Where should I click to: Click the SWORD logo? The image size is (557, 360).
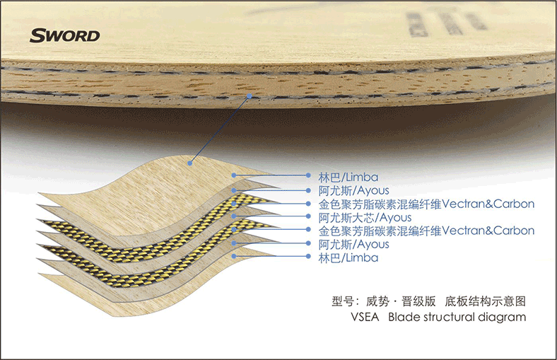click(64, 35)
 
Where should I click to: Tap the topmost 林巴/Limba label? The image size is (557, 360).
click(348, 177)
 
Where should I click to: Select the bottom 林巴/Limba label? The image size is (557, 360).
click(348, 257)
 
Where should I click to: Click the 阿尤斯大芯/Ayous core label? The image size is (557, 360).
click(365, 217)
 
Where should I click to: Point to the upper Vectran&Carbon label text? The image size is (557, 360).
click(426, 204)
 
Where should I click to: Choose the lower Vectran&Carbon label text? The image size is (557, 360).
click(426, 231)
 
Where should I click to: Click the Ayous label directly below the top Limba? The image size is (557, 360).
click(353, 190)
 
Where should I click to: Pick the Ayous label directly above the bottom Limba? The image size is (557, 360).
click(353, 244)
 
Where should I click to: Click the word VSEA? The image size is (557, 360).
click(365, 317)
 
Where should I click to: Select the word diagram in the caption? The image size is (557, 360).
click(502, 318)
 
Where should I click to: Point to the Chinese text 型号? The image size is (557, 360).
click(343, 301)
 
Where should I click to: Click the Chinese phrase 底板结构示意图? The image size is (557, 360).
click(485, 301)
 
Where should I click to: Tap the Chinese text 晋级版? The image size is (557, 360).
click(418, 301)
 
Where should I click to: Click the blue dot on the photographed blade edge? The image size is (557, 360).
click(250, 96)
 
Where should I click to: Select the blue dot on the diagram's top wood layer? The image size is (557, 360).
click(190, 163)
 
